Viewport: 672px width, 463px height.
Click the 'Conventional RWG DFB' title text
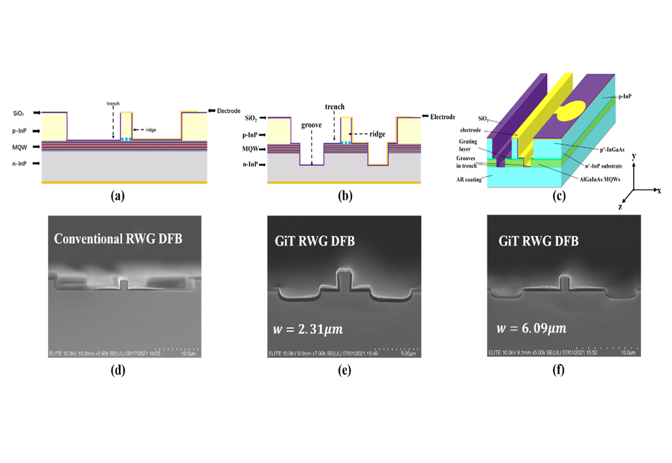coord(118,239)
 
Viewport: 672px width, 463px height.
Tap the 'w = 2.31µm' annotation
coord(308,329)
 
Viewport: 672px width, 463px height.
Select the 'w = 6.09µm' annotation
coord(531,328)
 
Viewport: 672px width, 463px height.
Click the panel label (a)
coord(118,196)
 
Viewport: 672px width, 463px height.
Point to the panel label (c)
coord(559,196)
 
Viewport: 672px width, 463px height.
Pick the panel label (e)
coord(344,370)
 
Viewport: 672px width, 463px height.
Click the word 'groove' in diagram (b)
coord(311,125)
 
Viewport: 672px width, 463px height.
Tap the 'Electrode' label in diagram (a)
coord(228,111)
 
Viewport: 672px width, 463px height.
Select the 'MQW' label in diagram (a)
coord(19,147)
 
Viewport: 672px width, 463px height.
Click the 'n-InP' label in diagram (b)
coord(250,164)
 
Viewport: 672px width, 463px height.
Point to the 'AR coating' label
coord(469,180)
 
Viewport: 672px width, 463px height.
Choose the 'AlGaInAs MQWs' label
coord(600,179)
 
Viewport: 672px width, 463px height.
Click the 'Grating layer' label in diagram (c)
coord(468,145)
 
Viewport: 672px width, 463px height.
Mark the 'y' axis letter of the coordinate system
coord(634,156)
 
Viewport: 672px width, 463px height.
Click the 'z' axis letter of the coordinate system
coord(620,206)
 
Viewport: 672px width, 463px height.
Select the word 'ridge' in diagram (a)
coord(151,130)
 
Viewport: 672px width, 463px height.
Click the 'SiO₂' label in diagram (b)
coord(250,119)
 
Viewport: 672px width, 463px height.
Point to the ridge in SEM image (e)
coord(344,281)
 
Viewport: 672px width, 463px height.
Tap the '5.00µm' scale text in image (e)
coord(408,354)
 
